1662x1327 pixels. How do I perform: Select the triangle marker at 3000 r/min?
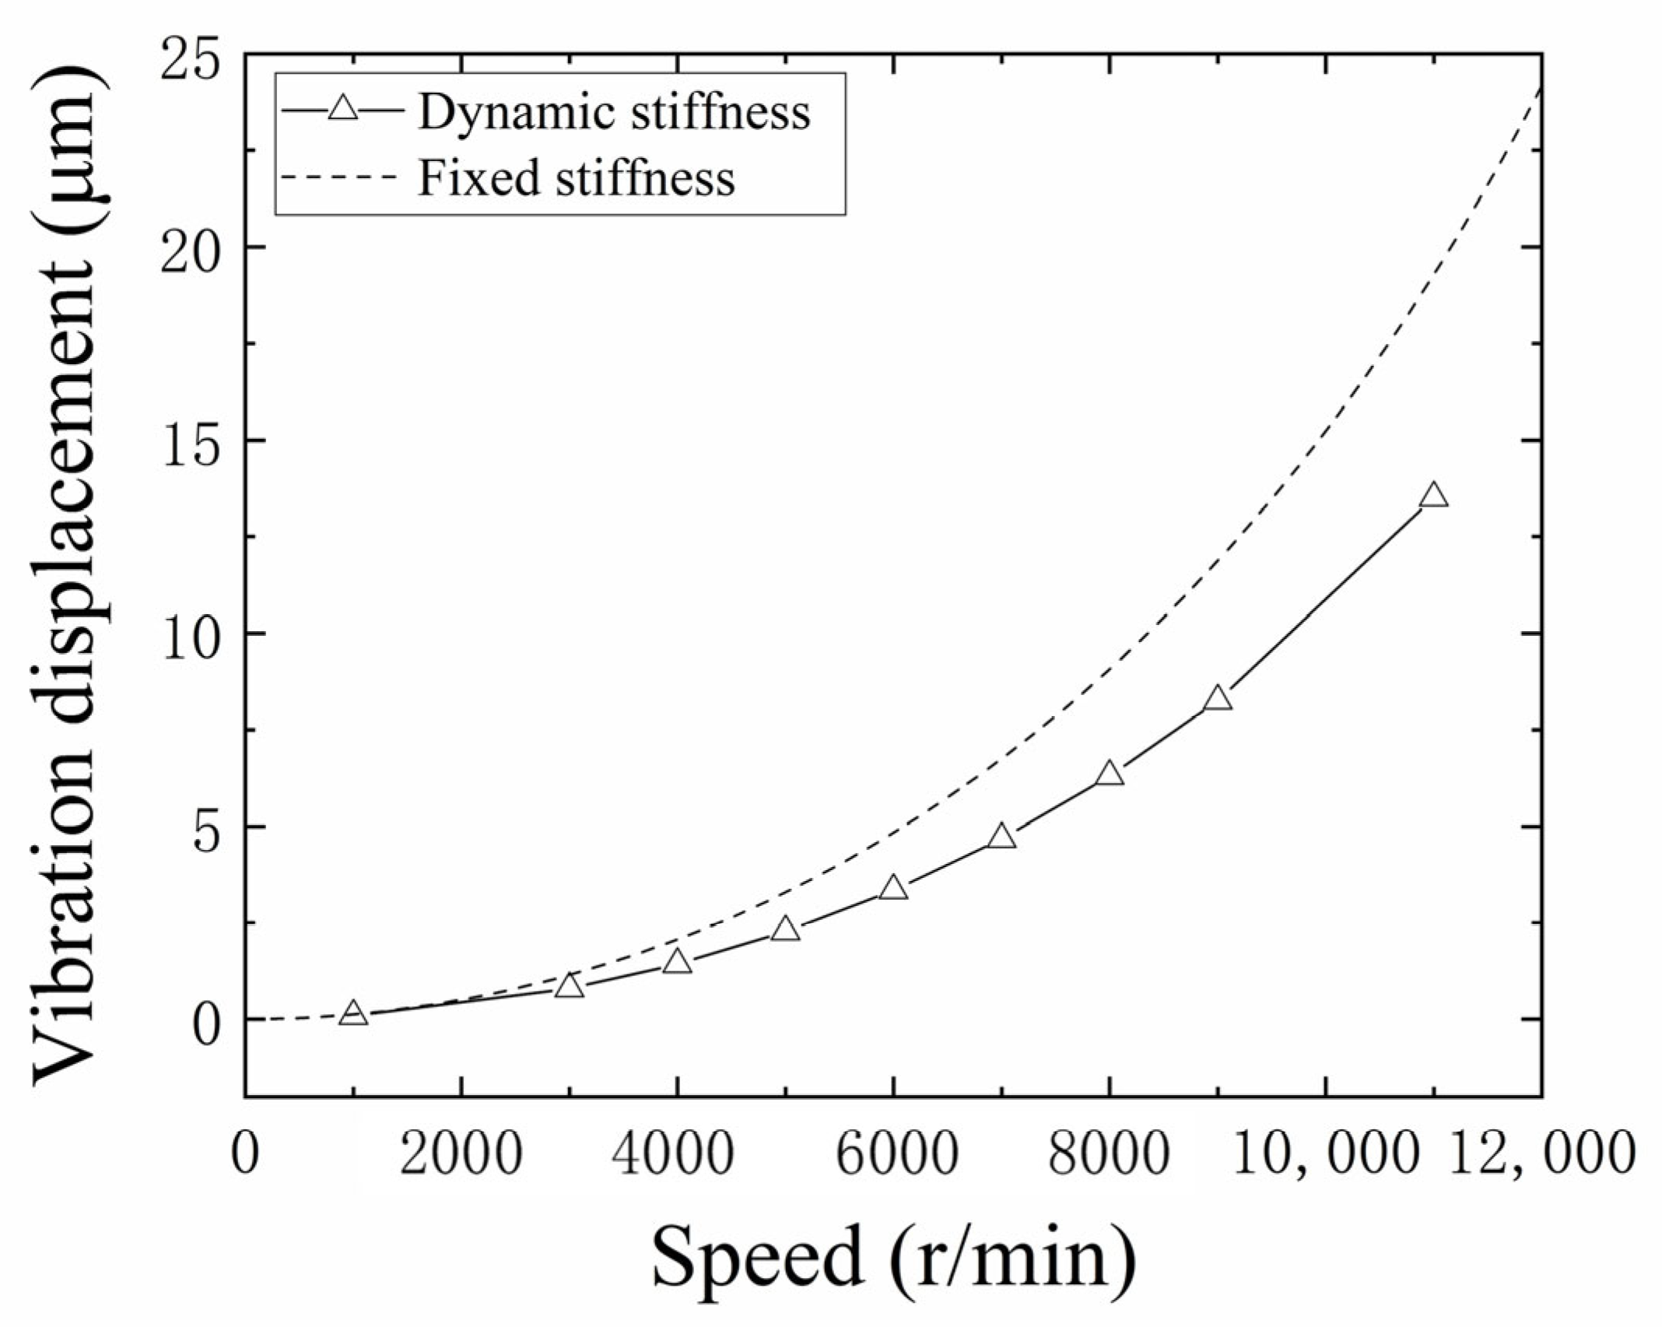tap(570, 988)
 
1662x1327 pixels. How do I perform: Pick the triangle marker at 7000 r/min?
tap(1001, 837)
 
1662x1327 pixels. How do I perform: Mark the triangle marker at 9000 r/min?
tap(1218, 699)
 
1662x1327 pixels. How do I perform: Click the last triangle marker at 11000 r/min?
tap(1433, 497)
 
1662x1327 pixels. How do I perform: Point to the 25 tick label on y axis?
tap(190, 56)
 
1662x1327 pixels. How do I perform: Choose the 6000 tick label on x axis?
tap(894, 1153)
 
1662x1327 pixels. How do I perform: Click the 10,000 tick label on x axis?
tap(1323, 1153)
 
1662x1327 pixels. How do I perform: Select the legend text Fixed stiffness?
tap(577, 178)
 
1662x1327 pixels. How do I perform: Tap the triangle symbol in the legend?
tap(342, 109)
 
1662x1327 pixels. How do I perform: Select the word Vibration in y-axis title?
tap(64, 957)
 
